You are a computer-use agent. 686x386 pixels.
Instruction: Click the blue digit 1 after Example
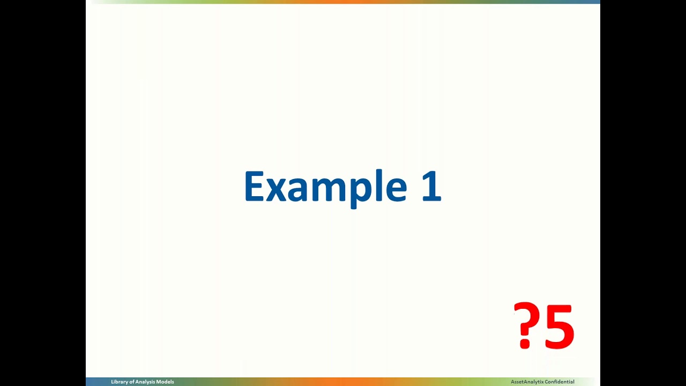(x=432, y=186)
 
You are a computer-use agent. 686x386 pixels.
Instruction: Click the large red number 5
(x=559, y=326)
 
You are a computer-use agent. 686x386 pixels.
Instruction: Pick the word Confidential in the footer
(x=559, y=382)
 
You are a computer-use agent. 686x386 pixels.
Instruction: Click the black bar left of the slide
(x=43, y=193)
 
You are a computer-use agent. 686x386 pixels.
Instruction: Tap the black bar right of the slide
(x=643, y=193)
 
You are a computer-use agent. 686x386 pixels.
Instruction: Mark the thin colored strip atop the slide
(x=343, y=2)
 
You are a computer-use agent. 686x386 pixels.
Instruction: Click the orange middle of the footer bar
(x=343, y=382)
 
